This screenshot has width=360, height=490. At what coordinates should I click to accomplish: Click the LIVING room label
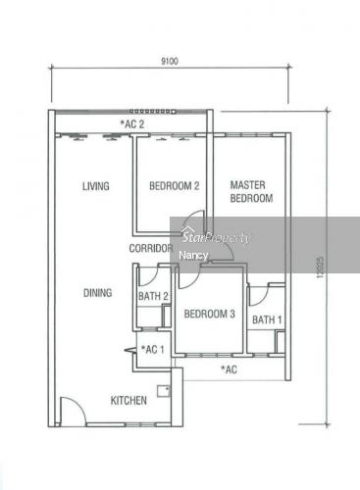pos(95,186)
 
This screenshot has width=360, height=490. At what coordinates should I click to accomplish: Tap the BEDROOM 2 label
pos(174,186)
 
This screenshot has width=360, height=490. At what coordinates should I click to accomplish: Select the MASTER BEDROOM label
pos(251,192)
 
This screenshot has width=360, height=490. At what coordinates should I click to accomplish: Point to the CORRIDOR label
pos(151,248)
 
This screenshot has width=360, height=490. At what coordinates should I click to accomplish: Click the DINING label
pos(97,292)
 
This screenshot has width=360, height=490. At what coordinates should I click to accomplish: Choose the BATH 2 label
pos(153,296)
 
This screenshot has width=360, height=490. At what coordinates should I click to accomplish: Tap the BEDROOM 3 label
pos(209,314)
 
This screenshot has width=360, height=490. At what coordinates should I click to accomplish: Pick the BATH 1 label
pos(267,319)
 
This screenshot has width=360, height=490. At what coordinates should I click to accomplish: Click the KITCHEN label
pos(129,400)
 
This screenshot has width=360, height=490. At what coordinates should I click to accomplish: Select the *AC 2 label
pos(132,124)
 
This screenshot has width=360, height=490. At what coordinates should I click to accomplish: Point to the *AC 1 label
pos(152,349)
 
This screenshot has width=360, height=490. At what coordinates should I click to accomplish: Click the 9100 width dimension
pos(170,61)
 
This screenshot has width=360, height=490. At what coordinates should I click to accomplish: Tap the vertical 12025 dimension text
pos(320,268)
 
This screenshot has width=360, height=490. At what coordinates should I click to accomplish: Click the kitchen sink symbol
pos(164,391)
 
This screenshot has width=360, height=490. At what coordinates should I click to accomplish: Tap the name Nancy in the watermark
pos(193,256)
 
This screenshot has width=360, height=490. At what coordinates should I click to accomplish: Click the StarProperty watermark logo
pos(217,236)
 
